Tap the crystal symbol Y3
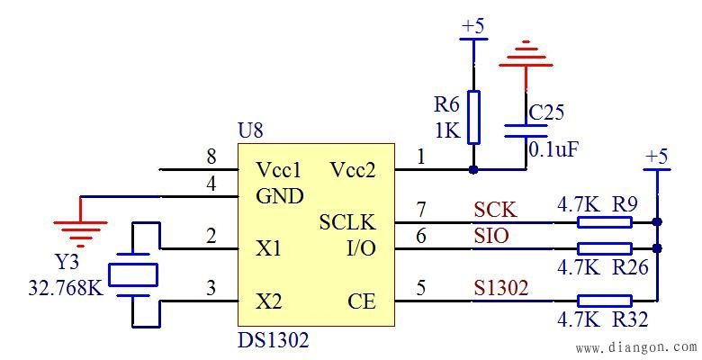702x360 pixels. click(132, 274)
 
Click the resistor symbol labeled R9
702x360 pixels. click(604, 221)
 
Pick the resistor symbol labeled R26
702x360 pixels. click(604, 247)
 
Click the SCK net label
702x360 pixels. click(495, 210)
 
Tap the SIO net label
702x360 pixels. click(491, 236)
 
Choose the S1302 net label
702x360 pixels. click(501, 289)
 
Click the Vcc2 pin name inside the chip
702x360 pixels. click(354, 169)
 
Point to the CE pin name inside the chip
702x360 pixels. click(361, 301)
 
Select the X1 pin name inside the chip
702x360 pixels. click(268, 248)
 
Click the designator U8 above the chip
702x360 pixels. click(251, 130)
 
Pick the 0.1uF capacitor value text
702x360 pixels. click(552, 148)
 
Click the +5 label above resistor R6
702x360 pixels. click(472, 26)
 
